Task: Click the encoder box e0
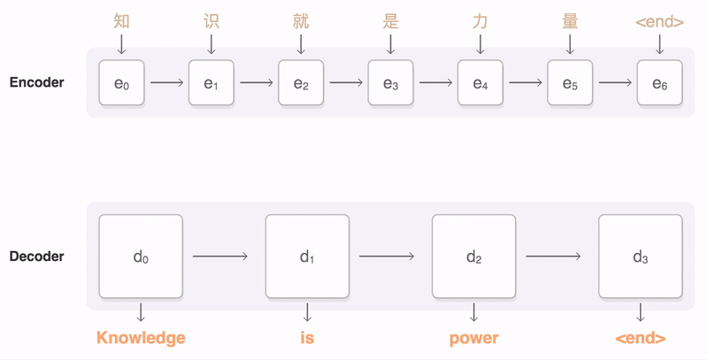click(121, 83)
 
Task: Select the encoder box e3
click(390, 83)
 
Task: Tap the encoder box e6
click(659, 83)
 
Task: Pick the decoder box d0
click(141, 257)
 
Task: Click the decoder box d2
click(473, 257)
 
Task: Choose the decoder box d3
click(640, 257)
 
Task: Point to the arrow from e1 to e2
click(257, 83)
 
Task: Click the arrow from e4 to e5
click(525, 83)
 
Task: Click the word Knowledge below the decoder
click(141, 338)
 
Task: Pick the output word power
click(473, 338)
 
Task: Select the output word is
click(307, 338)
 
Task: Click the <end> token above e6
click(659, 20)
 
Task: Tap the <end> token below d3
click(640, 338)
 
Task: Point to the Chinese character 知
click(121, 20)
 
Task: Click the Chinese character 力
click(480, 20)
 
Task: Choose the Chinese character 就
click(301, 20)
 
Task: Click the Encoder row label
click(36, 83)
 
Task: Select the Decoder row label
click(36, 257)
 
